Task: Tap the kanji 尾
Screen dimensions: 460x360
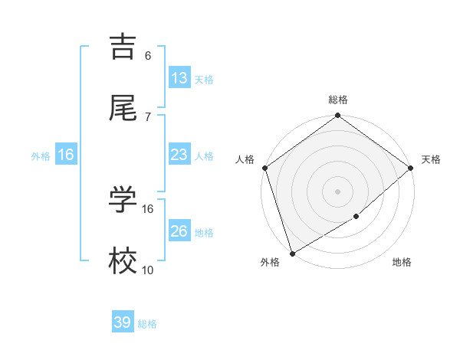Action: (x=125, y=108)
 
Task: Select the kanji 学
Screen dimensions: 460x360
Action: (x=125, y=200)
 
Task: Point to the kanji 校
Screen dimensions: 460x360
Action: (x=125, y=262)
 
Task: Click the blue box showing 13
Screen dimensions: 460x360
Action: (x=179, y=77)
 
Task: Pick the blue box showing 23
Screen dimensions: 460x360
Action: (x=179, y=155)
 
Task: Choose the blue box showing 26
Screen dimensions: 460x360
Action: (x=179, y=231)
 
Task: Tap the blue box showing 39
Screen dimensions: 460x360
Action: (x=123, y=322)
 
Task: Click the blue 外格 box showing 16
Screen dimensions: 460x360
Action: (x=66, y=155)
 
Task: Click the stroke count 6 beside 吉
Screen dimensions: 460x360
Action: (x=148, y=56)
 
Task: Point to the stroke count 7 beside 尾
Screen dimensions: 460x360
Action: (x=148, y=117)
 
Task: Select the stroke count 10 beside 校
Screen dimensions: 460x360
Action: (x=148, y=270)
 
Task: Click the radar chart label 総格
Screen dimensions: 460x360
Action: (x=338, y=100)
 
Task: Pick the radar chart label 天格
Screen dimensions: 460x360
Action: (x=431, y=159)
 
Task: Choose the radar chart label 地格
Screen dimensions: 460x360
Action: (x=402, y=263)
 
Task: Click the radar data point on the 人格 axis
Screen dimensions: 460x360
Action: (x=264, y=168)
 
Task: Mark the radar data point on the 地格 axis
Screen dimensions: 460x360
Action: (x=356, y=217)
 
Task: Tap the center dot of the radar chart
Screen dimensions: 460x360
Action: (x=338, y=191)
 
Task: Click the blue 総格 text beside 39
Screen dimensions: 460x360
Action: (x=147, y=324)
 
